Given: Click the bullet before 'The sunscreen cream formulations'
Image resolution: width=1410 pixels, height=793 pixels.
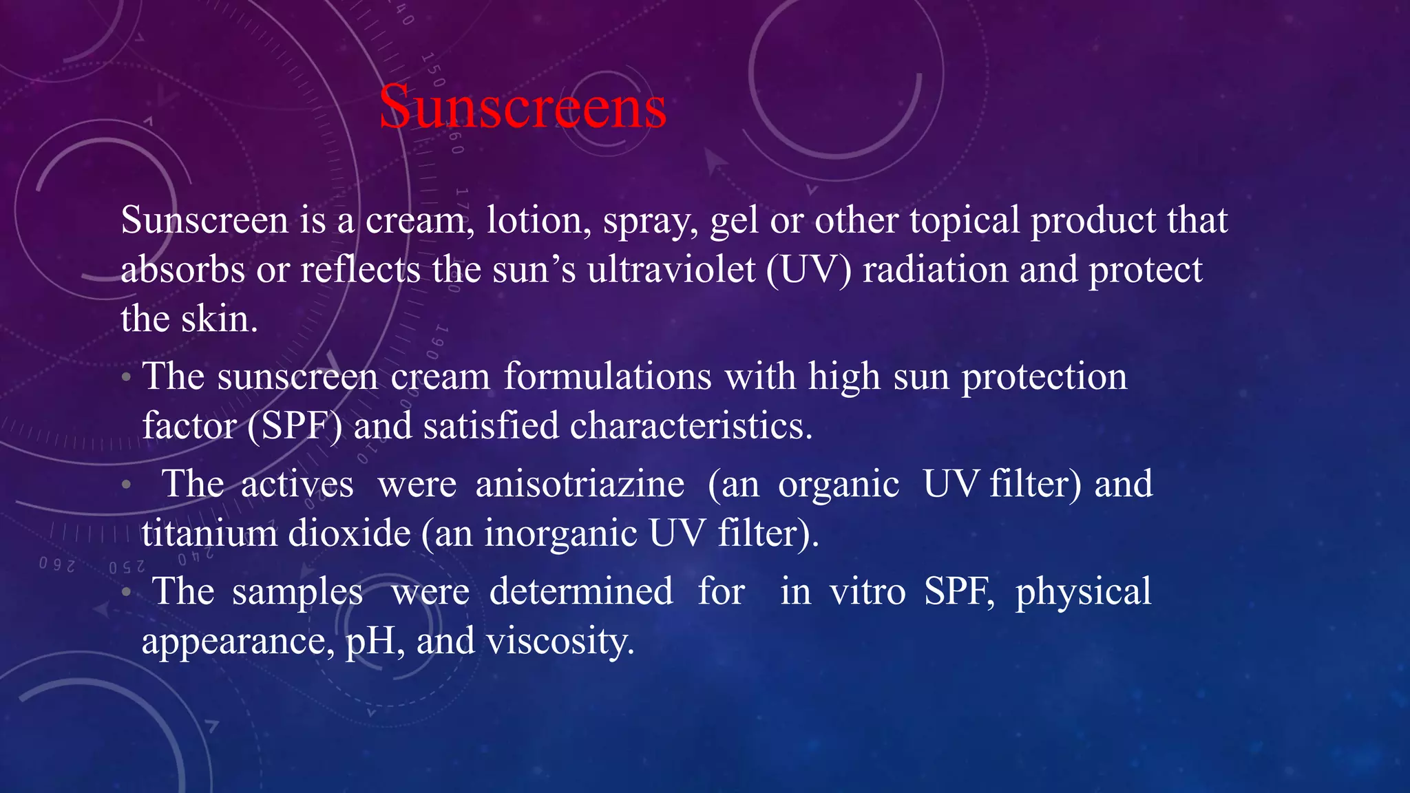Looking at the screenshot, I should (x=125, y=378).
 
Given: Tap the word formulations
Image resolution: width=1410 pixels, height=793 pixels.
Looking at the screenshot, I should (x=607, y=377).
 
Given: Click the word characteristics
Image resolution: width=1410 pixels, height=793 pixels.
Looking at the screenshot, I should (x=691, y=425).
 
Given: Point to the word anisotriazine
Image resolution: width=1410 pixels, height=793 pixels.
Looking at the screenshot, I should (x=580, y=484).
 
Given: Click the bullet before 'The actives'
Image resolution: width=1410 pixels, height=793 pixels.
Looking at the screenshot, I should (x=125, y=485).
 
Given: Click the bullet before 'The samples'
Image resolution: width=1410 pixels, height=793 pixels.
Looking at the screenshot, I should (x=125, y=592).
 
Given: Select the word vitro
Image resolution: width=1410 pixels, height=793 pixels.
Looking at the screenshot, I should (x=867, y=591).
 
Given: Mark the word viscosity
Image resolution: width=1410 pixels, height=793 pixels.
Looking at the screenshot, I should (x=560, y=642).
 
